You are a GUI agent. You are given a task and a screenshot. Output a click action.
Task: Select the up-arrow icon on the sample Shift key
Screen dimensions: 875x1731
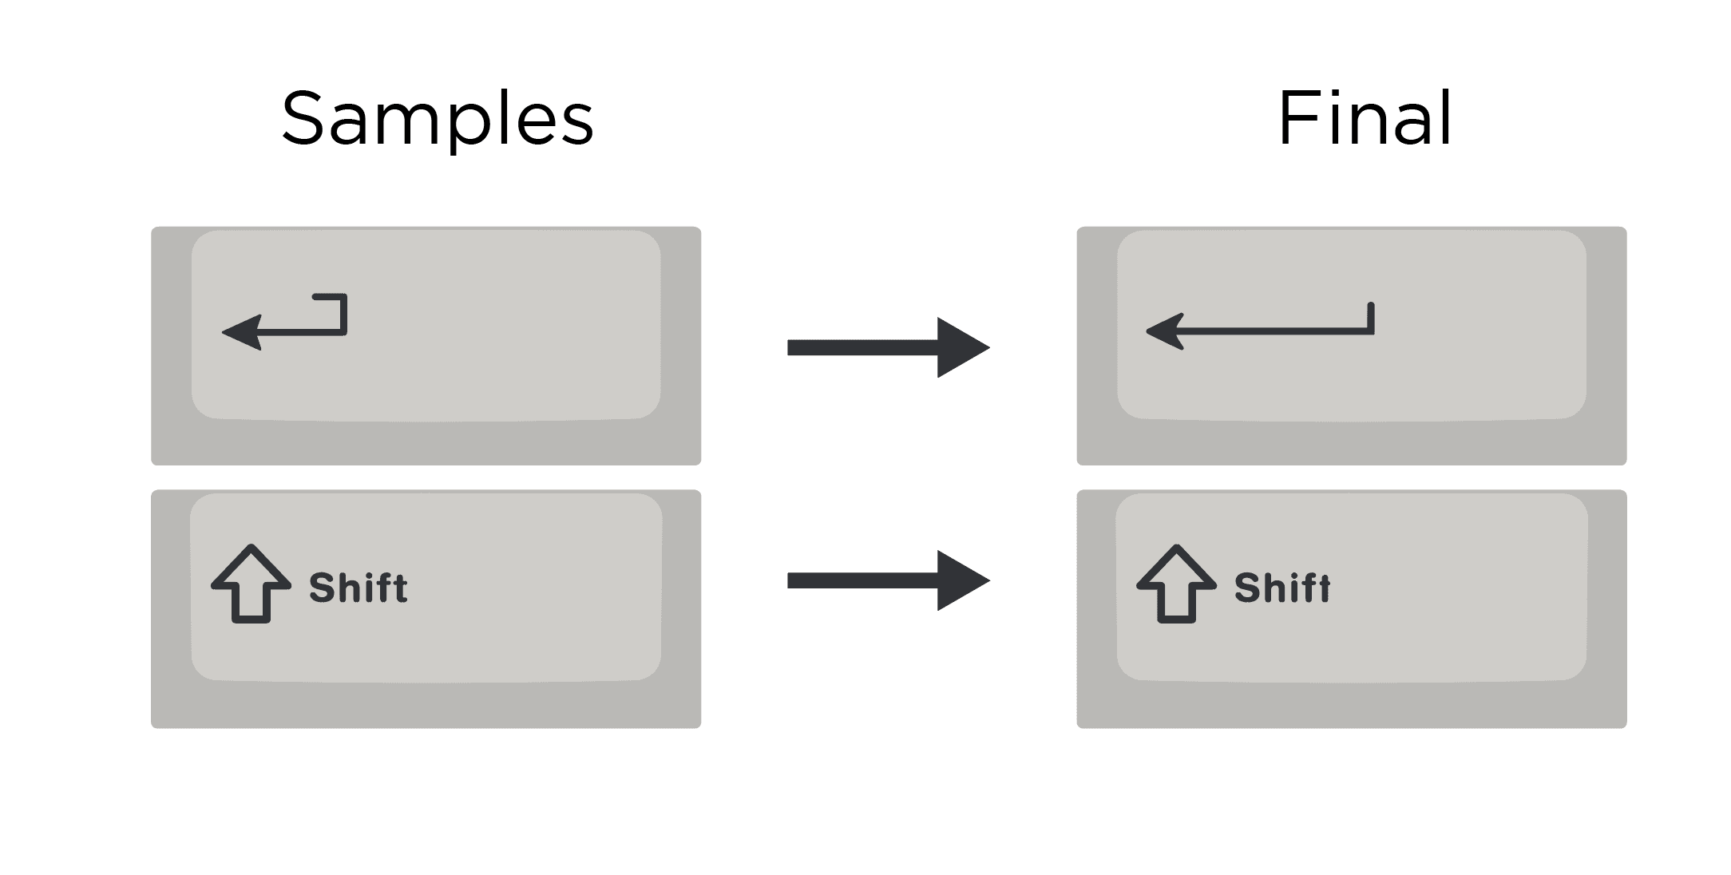click(x=251, y=584)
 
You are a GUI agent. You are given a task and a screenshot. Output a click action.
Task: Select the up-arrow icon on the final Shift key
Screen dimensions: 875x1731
click(x=1176, y=584)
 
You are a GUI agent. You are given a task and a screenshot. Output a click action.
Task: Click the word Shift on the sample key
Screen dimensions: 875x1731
click(x=358, y=588)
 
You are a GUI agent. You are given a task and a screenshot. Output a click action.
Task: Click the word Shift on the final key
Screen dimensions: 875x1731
click(x=1282, y=588)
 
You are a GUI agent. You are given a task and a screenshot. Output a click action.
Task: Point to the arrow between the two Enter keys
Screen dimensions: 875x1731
click(x=888, y=347)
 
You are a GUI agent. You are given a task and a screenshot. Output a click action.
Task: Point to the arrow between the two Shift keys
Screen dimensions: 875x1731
click(x=888, y=580)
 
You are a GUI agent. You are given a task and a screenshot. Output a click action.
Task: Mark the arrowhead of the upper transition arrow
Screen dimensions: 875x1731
click(x=962, y=347)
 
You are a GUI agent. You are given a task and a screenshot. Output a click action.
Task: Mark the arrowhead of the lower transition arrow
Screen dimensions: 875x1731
click(x=962, y=580)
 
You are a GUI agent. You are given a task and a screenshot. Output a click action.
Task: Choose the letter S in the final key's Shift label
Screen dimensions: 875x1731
click(x=1247, y=588)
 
